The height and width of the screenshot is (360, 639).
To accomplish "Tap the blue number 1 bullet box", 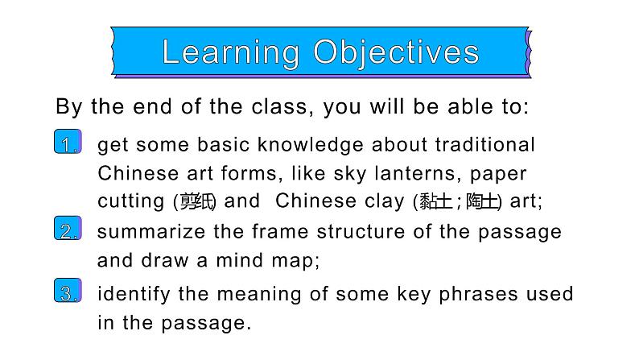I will pos(68,143).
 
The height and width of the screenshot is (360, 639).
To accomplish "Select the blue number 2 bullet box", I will pos(68,231).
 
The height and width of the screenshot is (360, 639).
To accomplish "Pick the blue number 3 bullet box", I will pos(68,292).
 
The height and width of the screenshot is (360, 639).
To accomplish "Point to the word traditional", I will pos(485,145).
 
